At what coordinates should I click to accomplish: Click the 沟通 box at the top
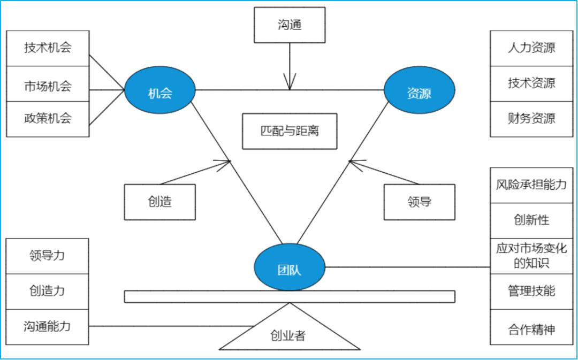[290, 25]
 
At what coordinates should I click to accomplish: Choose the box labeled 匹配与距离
[290, 131]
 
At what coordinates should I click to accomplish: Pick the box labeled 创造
[159, 202]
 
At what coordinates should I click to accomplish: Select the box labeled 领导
[419, 202]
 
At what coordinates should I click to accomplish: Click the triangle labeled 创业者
[290, 334]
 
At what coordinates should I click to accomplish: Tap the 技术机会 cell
[48, 48]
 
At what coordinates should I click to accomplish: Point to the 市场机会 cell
[48, 84]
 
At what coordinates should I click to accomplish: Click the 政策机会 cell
[48, 119]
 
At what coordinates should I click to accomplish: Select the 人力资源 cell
[531, 48]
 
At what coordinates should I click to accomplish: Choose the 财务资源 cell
[531, 119]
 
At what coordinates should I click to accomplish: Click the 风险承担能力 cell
[531, 185]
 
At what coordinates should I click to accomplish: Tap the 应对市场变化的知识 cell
[531, 256]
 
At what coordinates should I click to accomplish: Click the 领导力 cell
[47, 256]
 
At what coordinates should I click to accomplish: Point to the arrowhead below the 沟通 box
[290, 85]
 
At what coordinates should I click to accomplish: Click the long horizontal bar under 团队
[290, 296]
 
